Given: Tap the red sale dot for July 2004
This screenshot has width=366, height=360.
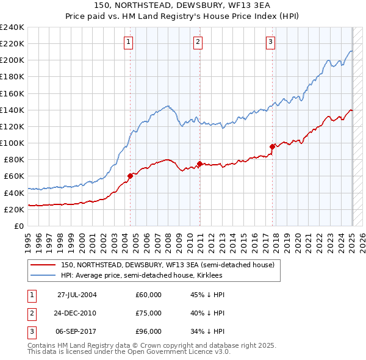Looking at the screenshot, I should click(x=130, y=176).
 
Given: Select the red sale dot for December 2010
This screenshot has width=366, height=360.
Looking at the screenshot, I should click(x=199, y=164).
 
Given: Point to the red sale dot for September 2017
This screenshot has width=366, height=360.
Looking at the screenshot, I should click(x=272, y=146).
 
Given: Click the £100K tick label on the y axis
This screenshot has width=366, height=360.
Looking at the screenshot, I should click(x=12, y=143).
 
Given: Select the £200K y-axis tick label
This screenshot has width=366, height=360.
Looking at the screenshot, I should click(x=12, y=60).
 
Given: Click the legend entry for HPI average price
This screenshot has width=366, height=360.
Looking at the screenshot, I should click(x=142, y=276).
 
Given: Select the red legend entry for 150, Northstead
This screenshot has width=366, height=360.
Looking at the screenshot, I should click(x=168, y=265).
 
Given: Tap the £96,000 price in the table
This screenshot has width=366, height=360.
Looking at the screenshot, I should click(x=148, y=331).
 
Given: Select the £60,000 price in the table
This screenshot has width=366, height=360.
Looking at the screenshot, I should click(x=148, y=295).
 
